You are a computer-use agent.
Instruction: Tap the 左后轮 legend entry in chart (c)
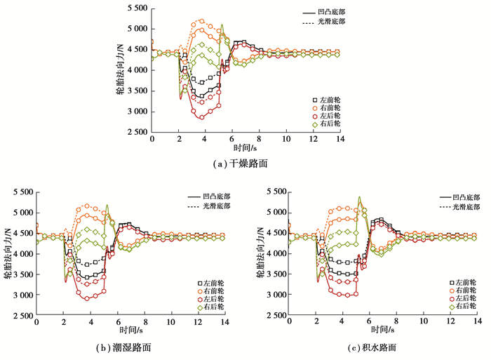pyautogui.click(x=464, y=298)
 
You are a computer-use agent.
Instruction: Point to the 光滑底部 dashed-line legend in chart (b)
pyautogui.click(x=212, y=207)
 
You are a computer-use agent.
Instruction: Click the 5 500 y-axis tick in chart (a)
pyautogui.click(x=133, y=8)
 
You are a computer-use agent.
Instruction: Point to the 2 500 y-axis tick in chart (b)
pyautogui.click(x=18, y=316)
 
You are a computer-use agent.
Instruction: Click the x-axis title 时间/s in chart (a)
pyautogui.click(x=246, y=148)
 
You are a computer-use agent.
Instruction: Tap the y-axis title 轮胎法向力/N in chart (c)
pyautogui.click(x=259, y=253)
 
